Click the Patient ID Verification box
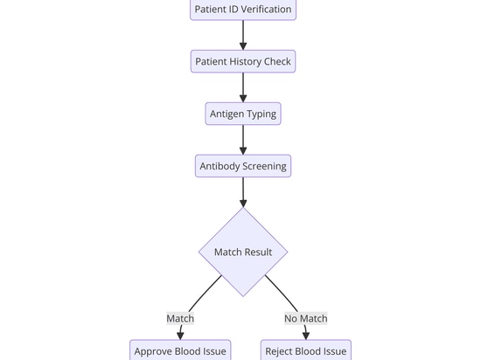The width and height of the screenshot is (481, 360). coord(243,10)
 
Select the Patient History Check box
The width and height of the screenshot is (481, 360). coord(243,61)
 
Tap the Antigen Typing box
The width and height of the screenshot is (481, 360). coord(243,114)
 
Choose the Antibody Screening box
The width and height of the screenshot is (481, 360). coord(243,166)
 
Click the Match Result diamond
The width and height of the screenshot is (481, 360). coord(243,252)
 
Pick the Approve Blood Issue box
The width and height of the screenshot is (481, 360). coord(180,350)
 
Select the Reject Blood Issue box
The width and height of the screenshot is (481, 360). coord(306,350)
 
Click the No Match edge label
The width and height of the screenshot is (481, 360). coord(306,318)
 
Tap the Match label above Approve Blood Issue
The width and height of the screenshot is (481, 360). coord(180,318)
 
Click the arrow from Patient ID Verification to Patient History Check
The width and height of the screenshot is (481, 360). coord(243,35)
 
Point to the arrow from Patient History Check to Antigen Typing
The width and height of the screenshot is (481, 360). coord(243,87)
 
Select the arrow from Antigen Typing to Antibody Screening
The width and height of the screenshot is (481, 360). coord(243,140)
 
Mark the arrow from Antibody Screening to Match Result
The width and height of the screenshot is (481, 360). coord(243,192)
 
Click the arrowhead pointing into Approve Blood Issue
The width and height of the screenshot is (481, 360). coord(180,336)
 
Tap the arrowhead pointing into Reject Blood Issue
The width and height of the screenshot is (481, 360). coord(306,336)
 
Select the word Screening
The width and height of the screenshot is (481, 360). coord(264,166)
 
